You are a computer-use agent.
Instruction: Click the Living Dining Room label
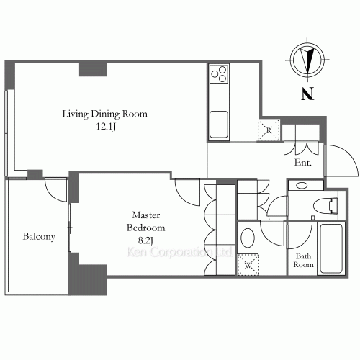coord(105,114)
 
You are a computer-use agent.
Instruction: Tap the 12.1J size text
coord(106,127)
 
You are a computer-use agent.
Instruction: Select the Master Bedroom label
coord(146,221)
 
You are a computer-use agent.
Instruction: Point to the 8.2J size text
coord(145,240)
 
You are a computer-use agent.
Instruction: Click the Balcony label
coord(39,237)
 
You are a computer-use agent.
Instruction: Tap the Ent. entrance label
coord(303,163)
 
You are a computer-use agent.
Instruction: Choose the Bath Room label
coord(303,261)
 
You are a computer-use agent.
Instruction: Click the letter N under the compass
coord(307,94)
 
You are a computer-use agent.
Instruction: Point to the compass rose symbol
coord(307,60)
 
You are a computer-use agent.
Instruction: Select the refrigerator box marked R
coord(269,130)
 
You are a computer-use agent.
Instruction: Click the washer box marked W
coord(248,265)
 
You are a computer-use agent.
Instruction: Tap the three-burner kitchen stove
coord(219,74)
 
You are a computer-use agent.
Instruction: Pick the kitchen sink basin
coord(219,125)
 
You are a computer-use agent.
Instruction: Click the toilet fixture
coord(325,206)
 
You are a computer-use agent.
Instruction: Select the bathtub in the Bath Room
coord(331,248)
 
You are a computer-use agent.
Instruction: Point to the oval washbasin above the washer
coord(248,238)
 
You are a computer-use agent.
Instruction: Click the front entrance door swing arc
coord(351,156)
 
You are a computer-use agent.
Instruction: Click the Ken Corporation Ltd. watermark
coord(179,252)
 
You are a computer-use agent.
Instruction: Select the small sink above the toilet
coord(302,186)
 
